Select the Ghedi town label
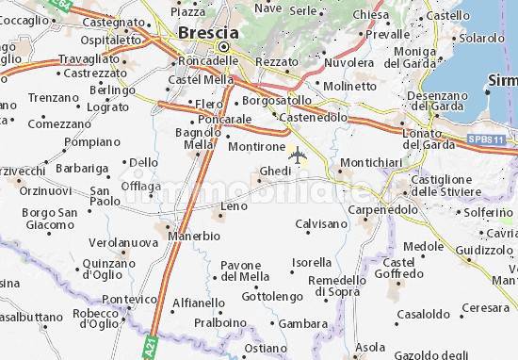[275, 171]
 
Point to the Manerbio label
[195, 235]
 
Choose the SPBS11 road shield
[486, 139]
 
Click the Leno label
[234, 205]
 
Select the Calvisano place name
[321, 223]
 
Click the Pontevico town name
[130, 299]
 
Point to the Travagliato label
[89, 58]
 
